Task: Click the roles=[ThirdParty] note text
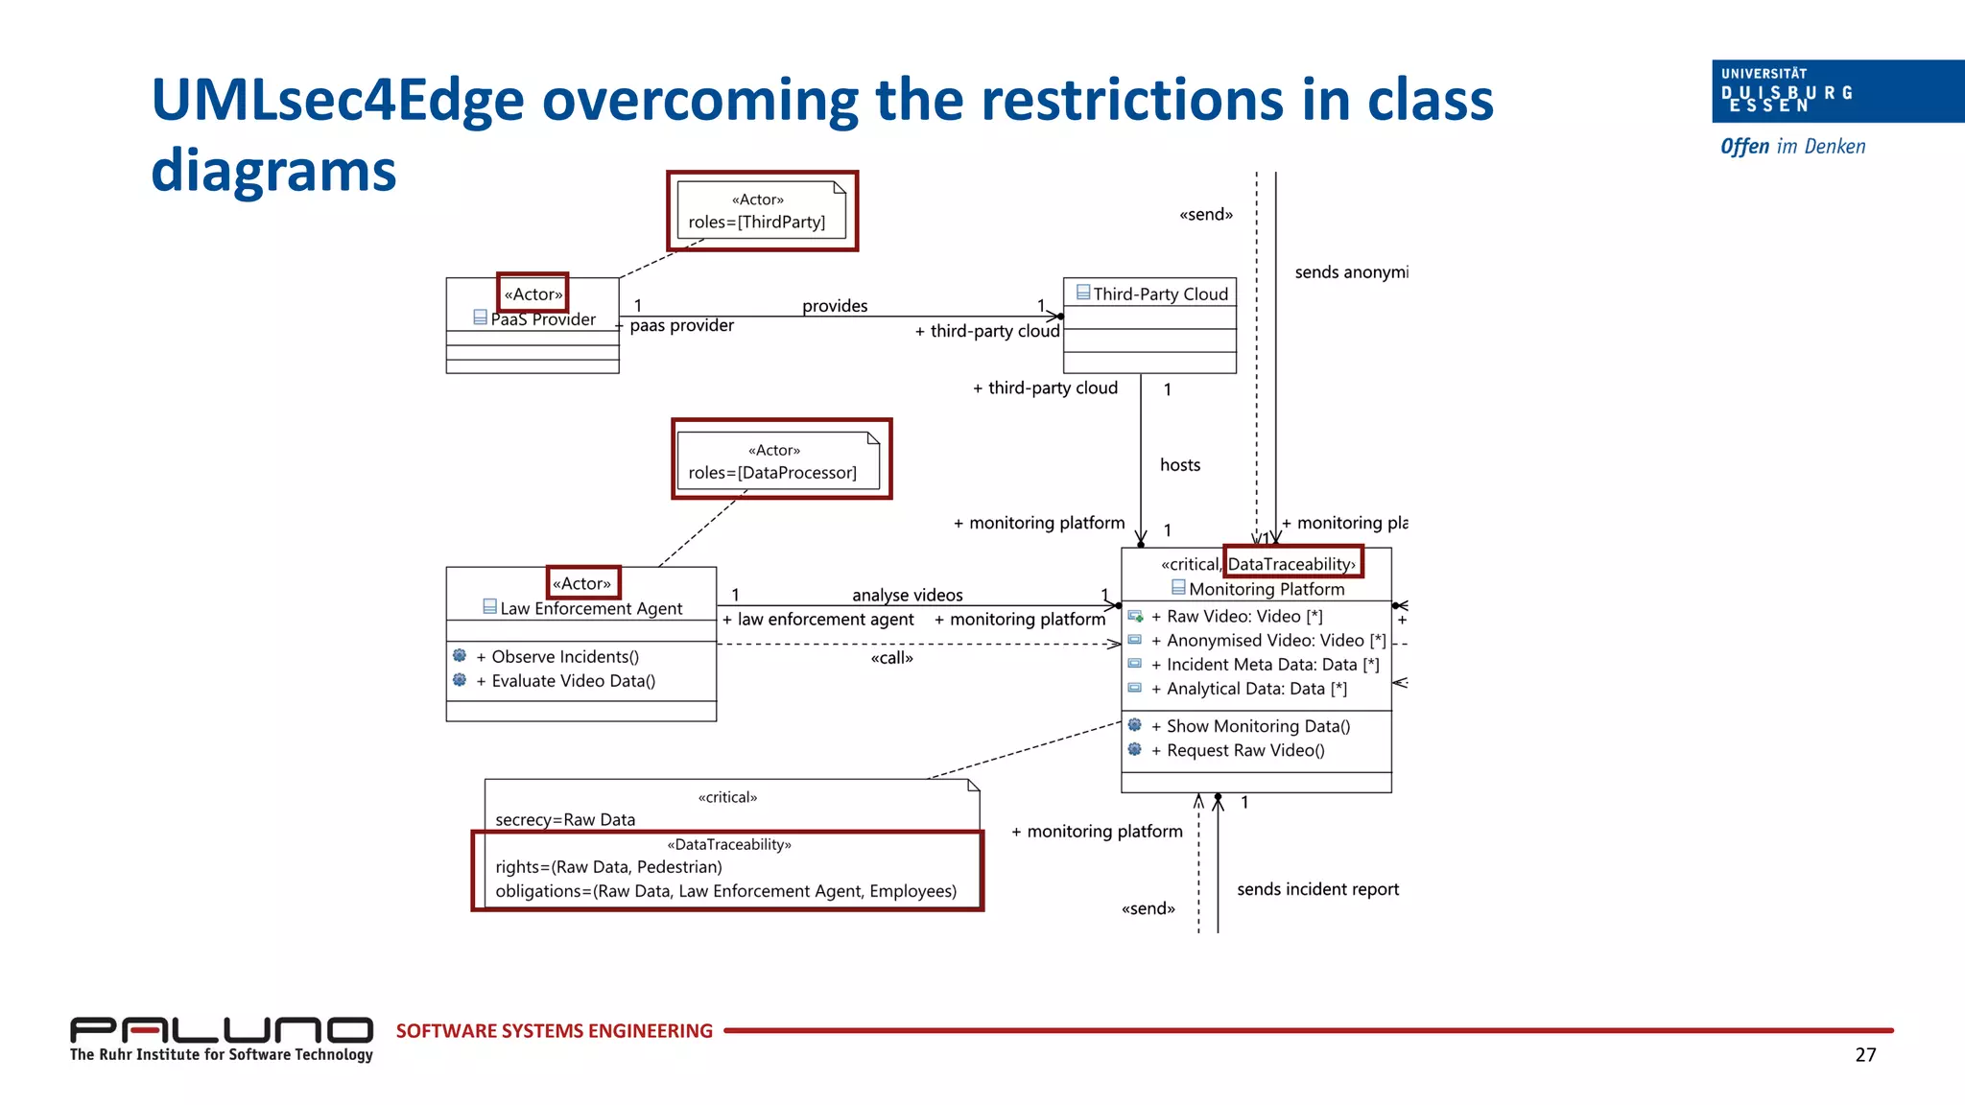point(756,222)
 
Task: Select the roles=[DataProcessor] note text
point(772,473)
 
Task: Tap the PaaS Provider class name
point(543,319)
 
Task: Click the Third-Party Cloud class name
point(1160,294)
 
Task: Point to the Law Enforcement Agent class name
point(591,609)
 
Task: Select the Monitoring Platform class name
point(1266,590)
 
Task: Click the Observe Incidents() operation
point(564,657)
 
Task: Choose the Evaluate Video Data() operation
point(573,681)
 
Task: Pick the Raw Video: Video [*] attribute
point(1243,617)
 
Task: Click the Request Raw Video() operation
point(1244,751)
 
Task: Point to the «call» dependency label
point(891,658)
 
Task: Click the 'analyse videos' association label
point(907,595)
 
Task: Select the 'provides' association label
point(835,306)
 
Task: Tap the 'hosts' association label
point(1179,465)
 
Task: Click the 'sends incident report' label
point(1317,889)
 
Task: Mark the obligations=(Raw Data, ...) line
point(725,891)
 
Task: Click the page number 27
point(1865,1055)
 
